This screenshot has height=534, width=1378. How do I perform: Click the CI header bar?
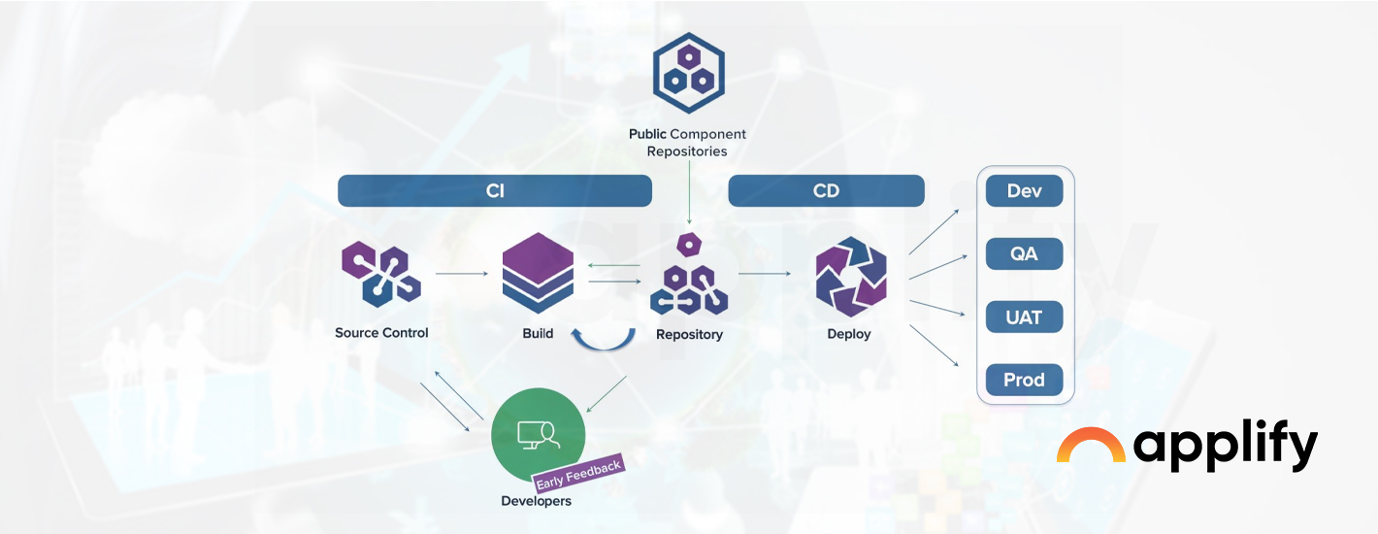coord(494,191)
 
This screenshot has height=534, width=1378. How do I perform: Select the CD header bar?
coord(826,191)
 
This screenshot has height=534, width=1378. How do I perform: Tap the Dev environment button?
coord(1024,191)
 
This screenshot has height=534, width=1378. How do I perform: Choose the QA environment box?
coord(1024,254)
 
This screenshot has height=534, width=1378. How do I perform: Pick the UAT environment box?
coord(1024,317)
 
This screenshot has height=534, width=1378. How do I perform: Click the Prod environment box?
coord(1024,380)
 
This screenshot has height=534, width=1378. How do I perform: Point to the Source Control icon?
coord(380,273)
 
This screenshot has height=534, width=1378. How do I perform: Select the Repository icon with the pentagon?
coord(688,277)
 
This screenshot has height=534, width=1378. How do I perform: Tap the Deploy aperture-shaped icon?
coord(850,281)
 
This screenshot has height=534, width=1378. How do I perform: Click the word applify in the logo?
coord(1225,447)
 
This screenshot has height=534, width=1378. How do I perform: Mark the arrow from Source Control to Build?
coord(462,274)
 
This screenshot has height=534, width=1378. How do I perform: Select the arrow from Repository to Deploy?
coord(765,274)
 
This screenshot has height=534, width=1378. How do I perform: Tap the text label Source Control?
coord(381,333)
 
